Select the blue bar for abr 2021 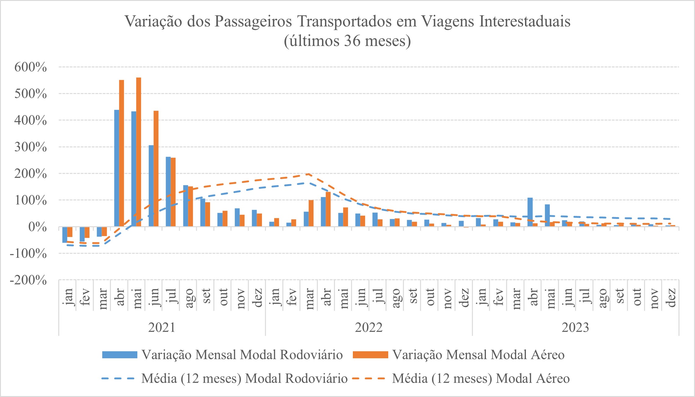(117, 168)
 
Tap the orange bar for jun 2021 (156, 168)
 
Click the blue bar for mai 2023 (547, 215)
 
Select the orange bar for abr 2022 (328, 209)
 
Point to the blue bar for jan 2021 (65, 234)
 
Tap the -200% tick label (28, 280)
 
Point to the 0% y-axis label (37, 227)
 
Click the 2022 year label (369, 328)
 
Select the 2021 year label (162, 328)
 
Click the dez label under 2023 (671, 297)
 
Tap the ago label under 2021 (189, 297)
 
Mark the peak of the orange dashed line (309, 174)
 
